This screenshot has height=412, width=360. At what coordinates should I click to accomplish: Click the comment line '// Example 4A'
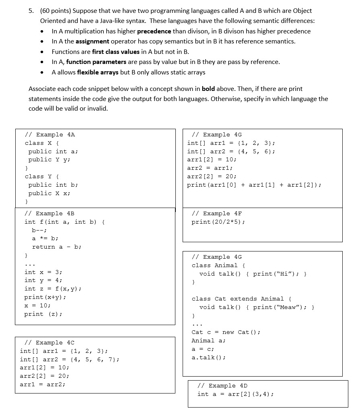(50, 134)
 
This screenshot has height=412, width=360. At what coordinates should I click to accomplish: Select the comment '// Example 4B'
(49, 213)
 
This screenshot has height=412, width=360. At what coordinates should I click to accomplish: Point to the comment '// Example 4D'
(222, 385)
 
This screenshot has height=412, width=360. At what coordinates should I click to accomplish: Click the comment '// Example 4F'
(217, 213)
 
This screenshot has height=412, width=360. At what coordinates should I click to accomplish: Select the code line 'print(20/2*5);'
(218, 222)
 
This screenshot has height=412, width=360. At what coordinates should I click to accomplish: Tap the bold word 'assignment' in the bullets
(92, 41)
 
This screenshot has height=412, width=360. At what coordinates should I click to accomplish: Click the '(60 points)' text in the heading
(54, 10)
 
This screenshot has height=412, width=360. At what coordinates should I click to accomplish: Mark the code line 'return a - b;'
(57, 247)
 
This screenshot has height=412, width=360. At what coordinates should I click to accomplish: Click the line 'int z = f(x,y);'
(53, 288)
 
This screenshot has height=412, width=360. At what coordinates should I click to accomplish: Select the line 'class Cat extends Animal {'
(242, 299)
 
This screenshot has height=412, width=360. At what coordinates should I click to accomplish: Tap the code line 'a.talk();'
(208, 357)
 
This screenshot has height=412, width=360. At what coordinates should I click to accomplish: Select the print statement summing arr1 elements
(254, 185)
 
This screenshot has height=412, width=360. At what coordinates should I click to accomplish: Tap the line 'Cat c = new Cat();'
(226, 332)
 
